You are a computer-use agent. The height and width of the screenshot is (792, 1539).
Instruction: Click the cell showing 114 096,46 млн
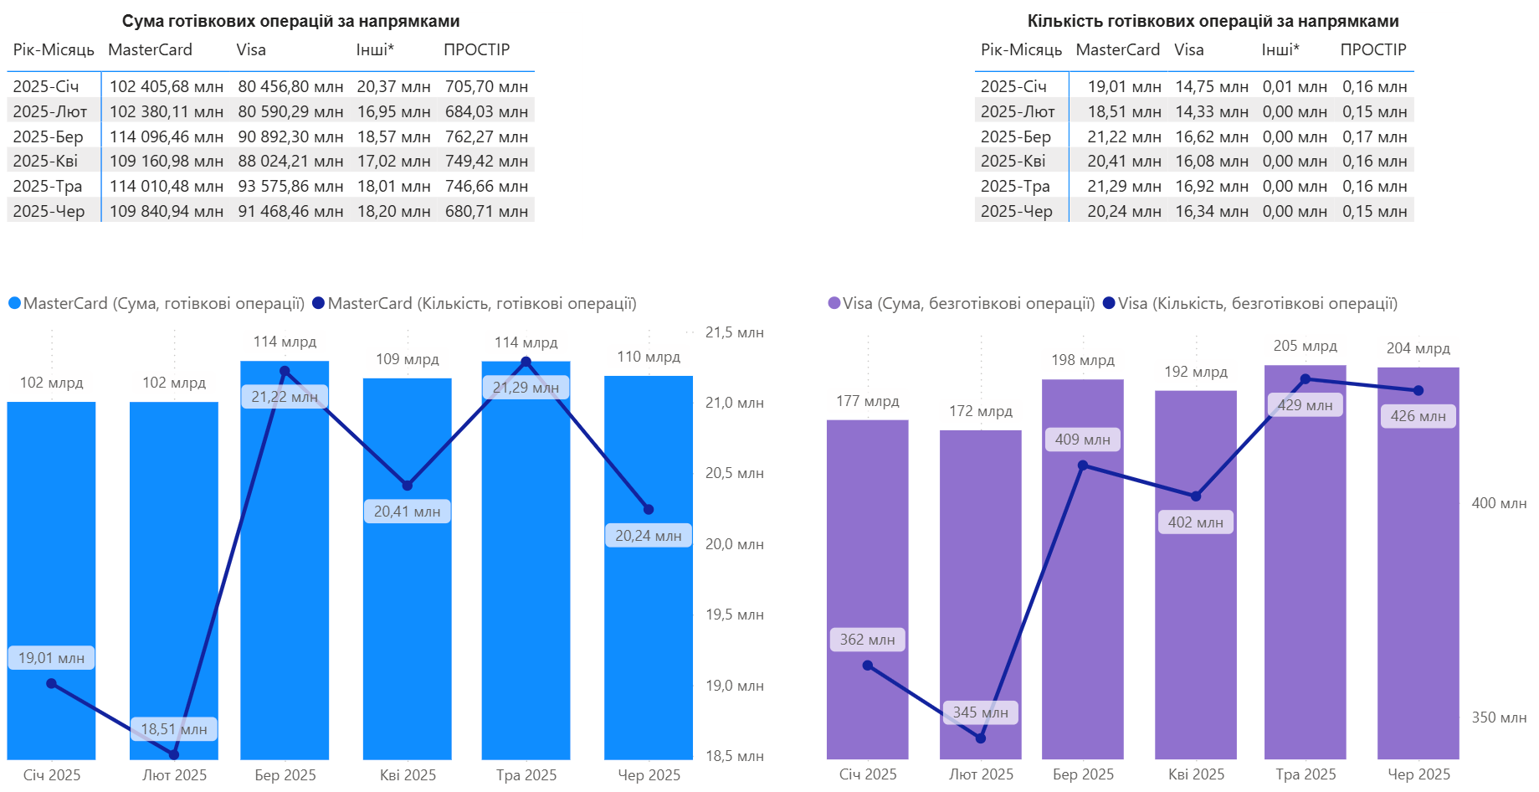(166, 136)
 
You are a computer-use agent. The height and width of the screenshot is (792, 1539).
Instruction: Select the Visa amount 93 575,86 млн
(290, 186)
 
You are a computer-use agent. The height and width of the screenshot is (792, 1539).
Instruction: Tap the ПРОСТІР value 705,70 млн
(486, 86)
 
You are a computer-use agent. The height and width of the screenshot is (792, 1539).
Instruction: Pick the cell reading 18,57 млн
(393, 136)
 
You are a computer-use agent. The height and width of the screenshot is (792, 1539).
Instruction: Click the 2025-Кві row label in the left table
(45, 161)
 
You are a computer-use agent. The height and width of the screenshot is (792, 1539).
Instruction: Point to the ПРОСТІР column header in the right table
(1372, 49)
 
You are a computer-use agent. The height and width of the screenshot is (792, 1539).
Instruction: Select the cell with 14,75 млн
(1211, 86)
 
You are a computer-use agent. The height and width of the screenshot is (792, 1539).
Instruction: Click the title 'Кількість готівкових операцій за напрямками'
(1213, 21)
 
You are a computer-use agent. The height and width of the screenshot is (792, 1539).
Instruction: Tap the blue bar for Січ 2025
(51, 544)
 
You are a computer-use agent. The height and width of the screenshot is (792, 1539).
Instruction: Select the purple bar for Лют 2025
(980, 586)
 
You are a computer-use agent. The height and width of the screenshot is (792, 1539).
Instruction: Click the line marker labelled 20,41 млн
(408, 486)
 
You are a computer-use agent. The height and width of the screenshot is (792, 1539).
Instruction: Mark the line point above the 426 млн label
(1418, 391)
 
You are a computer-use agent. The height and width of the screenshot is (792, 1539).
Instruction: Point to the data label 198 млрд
(1083, 360)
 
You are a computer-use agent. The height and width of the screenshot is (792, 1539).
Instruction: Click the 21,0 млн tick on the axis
(734, 403)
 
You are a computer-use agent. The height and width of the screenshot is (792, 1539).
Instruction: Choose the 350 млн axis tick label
(1499, 717)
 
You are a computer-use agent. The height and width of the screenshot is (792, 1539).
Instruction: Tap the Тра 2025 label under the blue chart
(526, 775)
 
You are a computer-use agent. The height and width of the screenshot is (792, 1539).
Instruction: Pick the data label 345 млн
(980, 712)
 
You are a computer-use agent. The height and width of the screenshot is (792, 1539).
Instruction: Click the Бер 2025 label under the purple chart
(1083, 774)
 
